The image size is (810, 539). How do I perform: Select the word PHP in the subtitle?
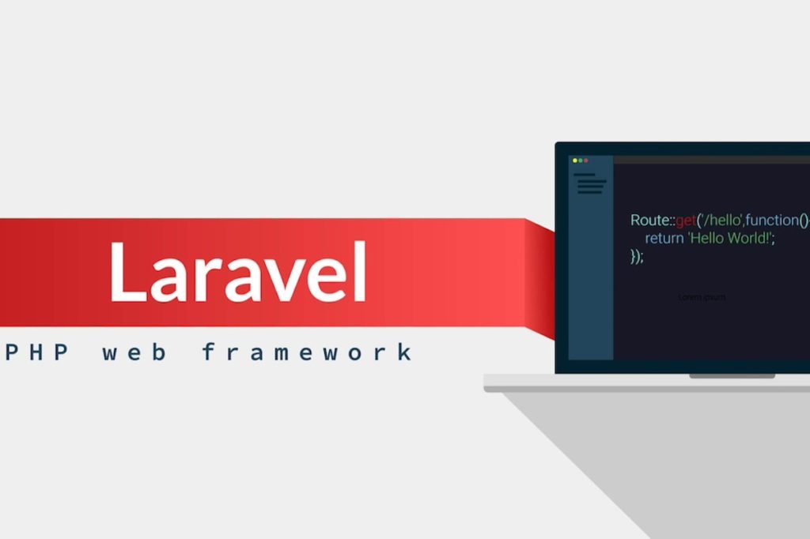pyautogui.click(x=36, y=352)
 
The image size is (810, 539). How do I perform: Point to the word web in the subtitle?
pyautogui.click(x=134, y=352)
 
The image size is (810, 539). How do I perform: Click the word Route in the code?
pyautogui.click(x=649, y=220)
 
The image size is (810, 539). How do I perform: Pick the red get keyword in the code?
pyautogui.click(x=685, y=220)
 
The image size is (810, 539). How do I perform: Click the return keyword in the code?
pyautogui.click(x=664, y=238)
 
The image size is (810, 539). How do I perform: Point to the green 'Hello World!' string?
pyautogui.click(x=730, y=238)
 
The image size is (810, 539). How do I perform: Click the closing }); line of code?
pyautogui.click(x=637, y=256)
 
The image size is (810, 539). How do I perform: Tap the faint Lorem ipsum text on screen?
pyautogui.click(x=702, y=297)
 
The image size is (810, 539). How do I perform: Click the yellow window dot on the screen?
pyautogui.click(x=575, y=160)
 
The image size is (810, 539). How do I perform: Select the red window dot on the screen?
pyautogui.click(x=586, y=160)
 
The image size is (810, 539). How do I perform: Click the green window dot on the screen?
pyautogui.click(x=581, y=160)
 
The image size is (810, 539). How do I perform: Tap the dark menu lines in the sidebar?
pyautogui.click(x=590, y=184)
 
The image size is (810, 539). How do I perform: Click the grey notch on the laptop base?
pyautogui.click(x=732, y=376)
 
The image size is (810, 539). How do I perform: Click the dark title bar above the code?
pyautogui.click(x=712, y=160)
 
